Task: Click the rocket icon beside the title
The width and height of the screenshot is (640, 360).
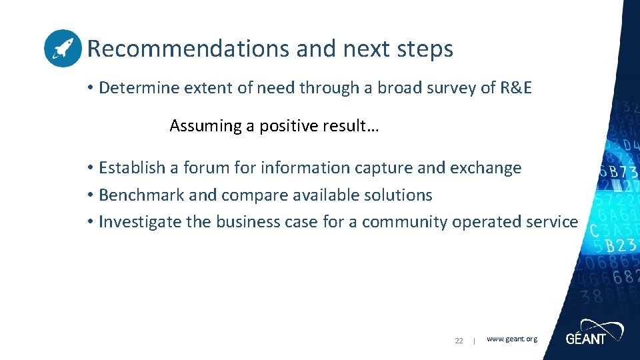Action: click(x=63, y=49)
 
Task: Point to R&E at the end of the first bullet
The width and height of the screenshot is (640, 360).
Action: click(x=515, y=88)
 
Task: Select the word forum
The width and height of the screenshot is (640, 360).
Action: click(x=207, y=168)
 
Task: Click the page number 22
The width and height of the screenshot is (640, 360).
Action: click(x=459, y=341)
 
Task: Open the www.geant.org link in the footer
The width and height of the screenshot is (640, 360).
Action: click(x=511, y=339)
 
